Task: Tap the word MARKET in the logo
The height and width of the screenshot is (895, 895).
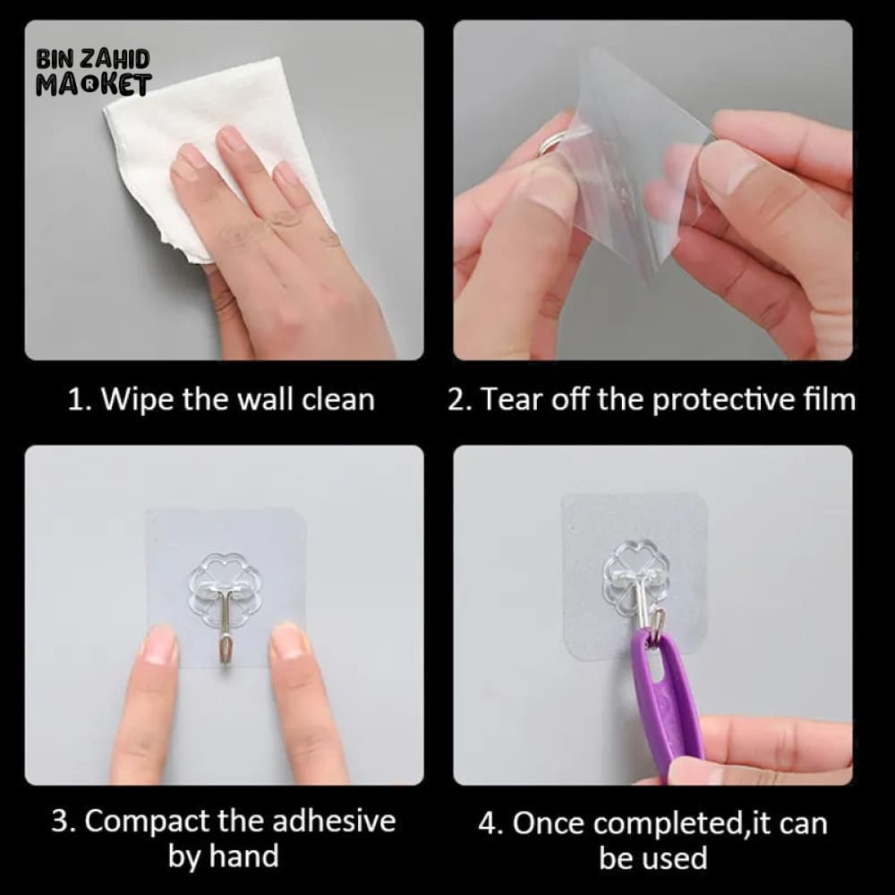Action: click(94, 84)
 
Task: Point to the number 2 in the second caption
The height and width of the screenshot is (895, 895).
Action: click(457, 399)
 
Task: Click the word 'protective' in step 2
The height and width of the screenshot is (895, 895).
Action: click(724, 399)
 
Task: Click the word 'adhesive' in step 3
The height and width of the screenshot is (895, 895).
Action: click(334, 821)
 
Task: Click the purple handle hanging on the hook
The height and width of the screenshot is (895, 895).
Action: click(667, 702)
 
